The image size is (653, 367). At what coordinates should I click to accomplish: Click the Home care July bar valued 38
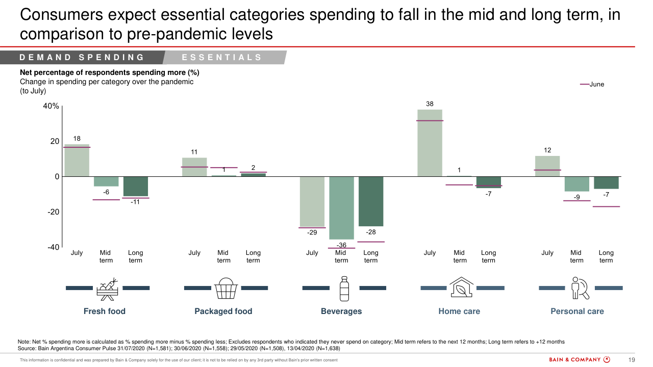coord(430,143)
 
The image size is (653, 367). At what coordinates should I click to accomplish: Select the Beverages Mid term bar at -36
coord(341,208)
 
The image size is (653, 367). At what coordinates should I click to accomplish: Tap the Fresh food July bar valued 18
coord(77,161)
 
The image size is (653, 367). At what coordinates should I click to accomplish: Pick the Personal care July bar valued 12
coord(547,166)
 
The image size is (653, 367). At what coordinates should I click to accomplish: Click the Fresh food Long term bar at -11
coord(136,187)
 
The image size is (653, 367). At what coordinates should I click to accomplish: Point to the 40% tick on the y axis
coord(51,106)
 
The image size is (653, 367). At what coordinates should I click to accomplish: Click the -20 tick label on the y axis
coord(51,212)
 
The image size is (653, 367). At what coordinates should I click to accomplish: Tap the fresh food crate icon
coord(108,289)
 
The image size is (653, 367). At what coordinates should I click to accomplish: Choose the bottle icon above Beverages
coord(344,289)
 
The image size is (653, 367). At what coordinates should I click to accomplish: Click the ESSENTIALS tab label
coord(222,58)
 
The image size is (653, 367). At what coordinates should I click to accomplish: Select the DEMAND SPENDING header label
coord(82,58)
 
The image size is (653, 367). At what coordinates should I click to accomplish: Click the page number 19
coord(631,360)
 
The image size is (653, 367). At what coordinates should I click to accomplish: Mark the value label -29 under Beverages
coord(312,233)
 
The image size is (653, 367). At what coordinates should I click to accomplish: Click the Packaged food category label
coord(223,311)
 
